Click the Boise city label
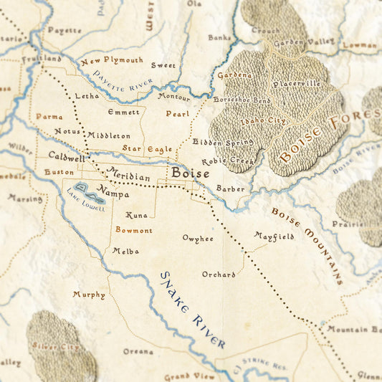[x=190, y=173]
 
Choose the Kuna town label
[x=136, y=215]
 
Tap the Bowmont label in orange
[x=134, y=231]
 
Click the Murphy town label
[x=89, y=295]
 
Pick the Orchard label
[x=219, y=274]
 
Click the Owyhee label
[x=197, y=238]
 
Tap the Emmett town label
[x=123, y=112]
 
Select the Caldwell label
[x=67, y=156]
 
